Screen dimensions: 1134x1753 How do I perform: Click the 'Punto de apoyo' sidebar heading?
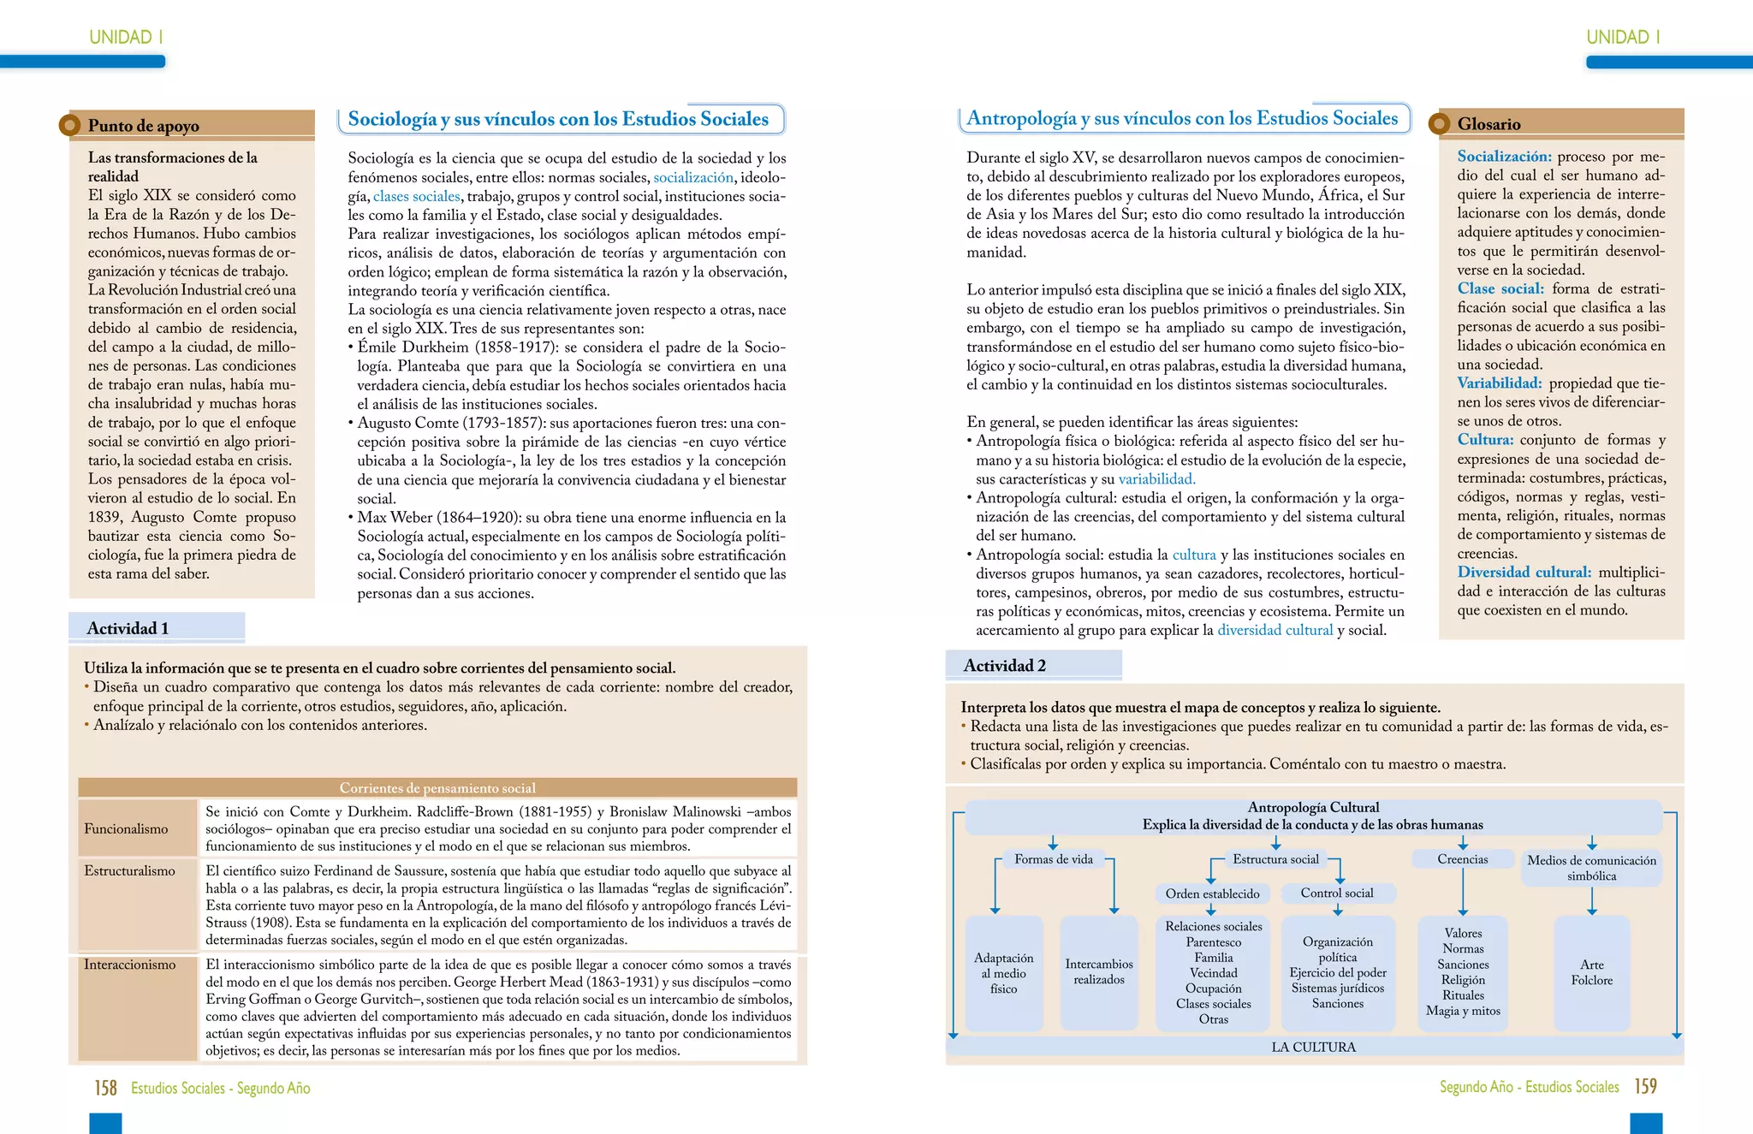pos(144,126)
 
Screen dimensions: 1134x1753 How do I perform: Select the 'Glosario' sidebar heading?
pos(1489,124)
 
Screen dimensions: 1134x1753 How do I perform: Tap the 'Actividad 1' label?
pos(128,628)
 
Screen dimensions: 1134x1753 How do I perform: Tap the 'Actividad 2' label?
pos(1004,665)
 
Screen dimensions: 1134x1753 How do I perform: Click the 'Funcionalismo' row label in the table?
pos(126,828)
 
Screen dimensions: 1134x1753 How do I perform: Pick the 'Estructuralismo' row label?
pos(129,870)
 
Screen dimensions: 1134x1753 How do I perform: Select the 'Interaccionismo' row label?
pos(129,965)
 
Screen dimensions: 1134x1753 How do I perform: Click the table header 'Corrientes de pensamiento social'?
pos(437,787)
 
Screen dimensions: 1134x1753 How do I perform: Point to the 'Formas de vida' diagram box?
pos(1053,859)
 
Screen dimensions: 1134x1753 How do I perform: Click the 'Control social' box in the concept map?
pos(1336,893)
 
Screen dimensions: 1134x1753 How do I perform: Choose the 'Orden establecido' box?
pos(1212,894)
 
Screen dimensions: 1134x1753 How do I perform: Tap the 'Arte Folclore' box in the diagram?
pos(1591,972)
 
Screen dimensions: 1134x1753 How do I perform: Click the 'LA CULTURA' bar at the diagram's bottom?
pos(1313,1047)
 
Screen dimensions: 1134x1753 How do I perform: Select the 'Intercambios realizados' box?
pos(1099,971)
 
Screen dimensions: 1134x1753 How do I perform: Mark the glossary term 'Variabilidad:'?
pos(1499,383)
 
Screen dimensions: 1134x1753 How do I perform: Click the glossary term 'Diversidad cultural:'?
pos(1524,572)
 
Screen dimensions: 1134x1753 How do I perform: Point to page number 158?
pos(105,1088)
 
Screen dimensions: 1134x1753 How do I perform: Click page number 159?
pos(1645,1086)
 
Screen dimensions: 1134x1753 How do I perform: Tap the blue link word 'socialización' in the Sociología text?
pos(692,177)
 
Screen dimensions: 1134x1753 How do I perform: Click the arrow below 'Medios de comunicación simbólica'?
pos(1591,900)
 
